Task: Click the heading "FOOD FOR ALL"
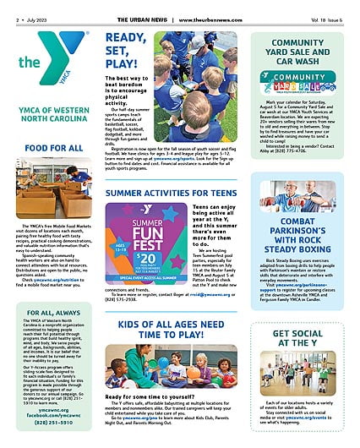click(x=53, y=148)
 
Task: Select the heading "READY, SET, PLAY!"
click(x=128, y=52)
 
